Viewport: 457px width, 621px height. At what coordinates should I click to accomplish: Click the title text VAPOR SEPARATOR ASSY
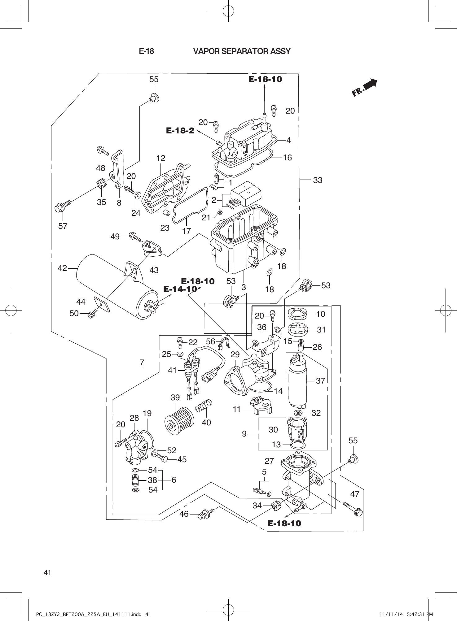[x=242, y=51]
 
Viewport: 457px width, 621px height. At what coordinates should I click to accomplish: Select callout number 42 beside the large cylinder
[x=62, y=268]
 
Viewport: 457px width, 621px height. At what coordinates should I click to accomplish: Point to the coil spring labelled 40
[x=204, y=406]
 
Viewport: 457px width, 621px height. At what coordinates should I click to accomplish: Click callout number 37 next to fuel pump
[x=320, y=380]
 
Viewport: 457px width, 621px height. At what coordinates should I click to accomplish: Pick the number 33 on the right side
[x=318, y=180]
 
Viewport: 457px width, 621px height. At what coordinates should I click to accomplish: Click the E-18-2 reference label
[x=180, y=131]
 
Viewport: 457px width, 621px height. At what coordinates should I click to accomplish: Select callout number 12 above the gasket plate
[x=160, y=158]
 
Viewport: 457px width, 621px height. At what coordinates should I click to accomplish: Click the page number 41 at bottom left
[x=47, y=572]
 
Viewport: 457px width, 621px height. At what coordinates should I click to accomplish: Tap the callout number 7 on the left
[x=142, y=362]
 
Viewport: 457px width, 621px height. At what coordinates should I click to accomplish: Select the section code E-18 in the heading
[x=147, y=51]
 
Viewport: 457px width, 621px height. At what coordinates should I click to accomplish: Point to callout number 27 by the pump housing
[x=269, y=461]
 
